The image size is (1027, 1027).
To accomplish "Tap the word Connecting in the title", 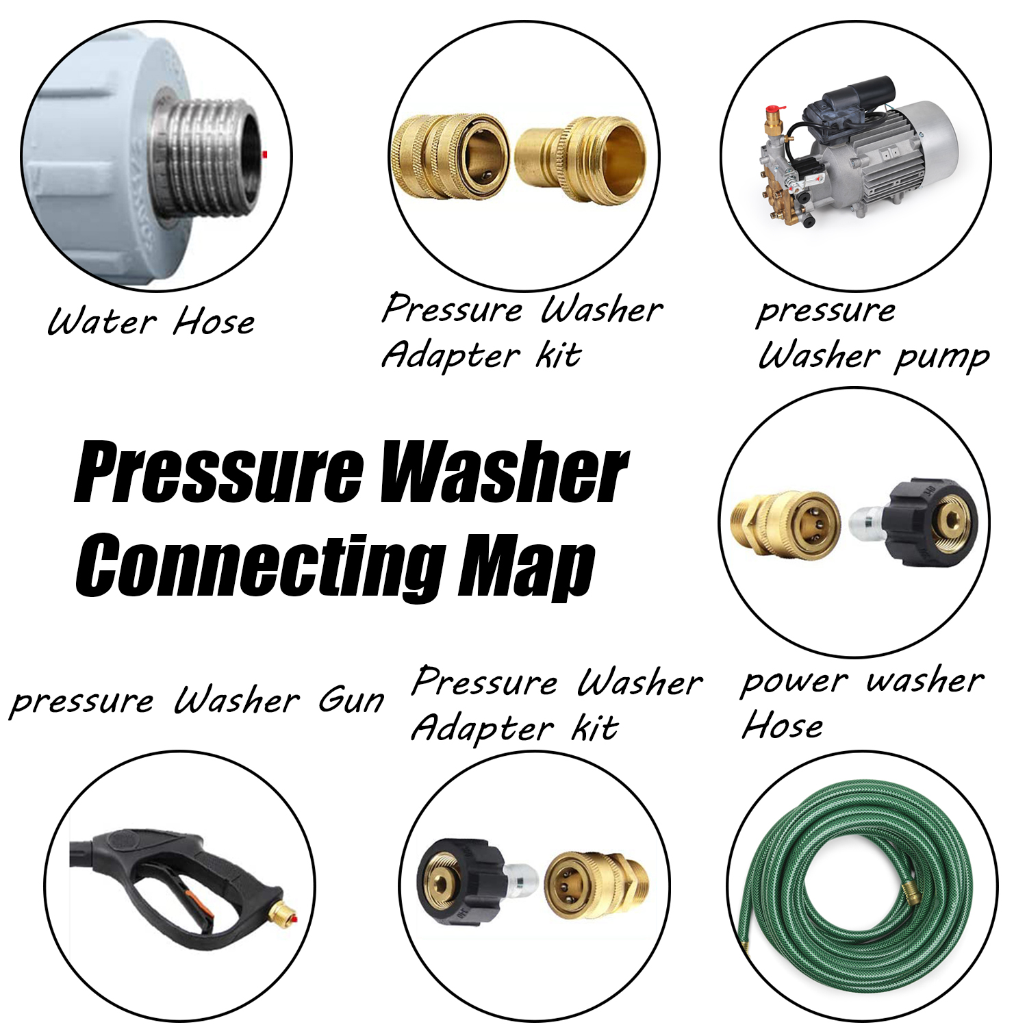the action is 260,568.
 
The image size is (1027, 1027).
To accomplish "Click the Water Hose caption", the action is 152,321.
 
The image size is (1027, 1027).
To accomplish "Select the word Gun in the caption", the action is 351,700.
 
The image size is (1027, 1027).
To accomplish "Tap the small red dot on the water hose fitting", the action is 265,155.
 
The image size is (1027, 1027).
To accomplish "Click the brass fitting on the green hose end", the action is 913,891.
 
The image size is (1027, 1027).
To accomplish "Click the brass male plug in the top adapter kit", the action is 581,161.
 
